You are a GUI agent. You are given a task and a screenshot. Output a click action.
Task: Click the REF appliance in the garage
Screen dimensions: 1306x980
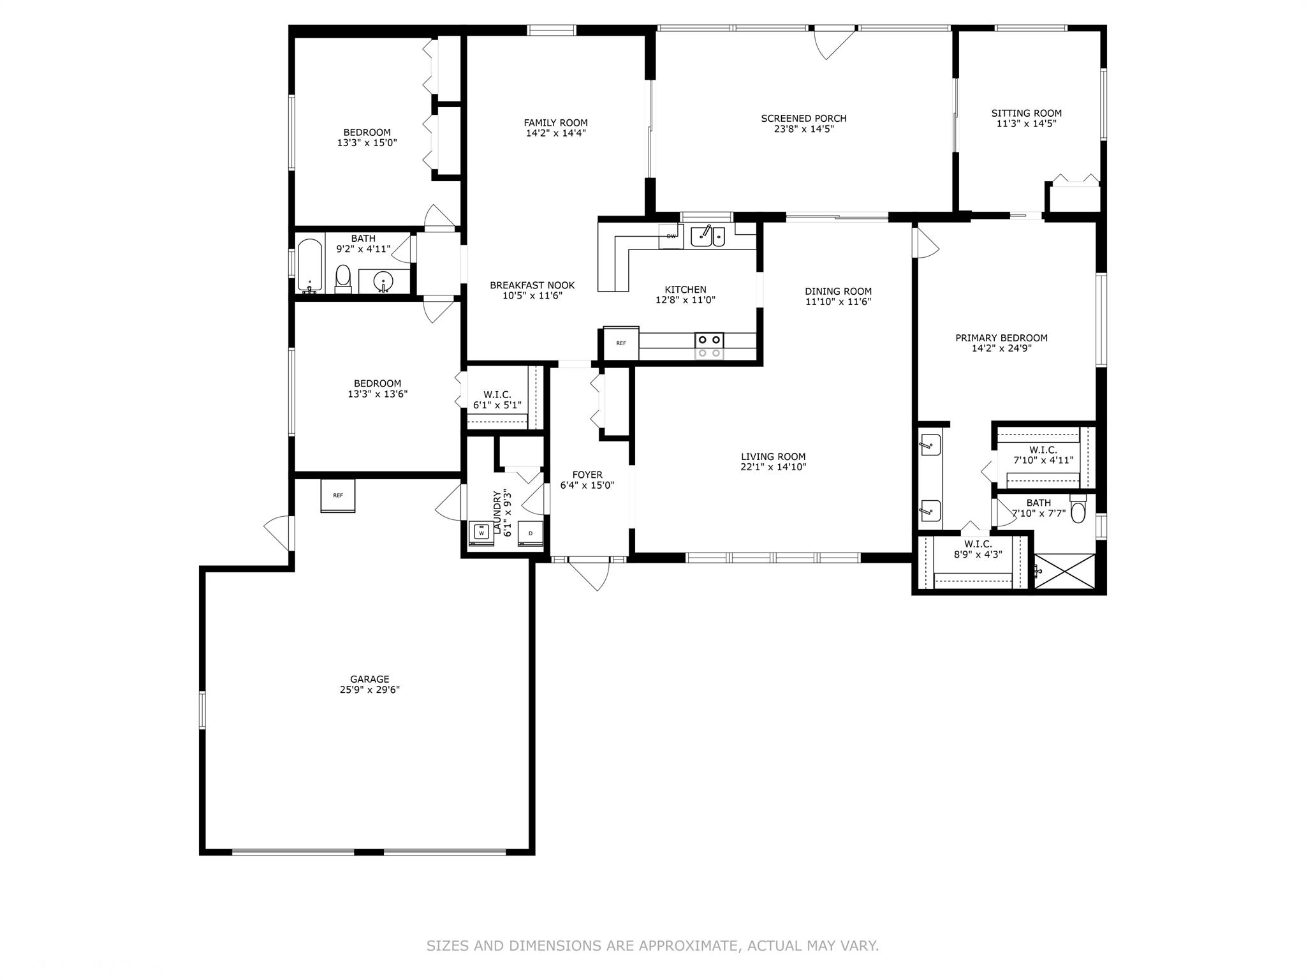tap(337, 496)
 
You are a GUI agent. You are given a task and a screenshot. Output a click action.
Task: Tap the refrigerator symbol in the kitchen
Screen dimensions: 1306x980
tap(621, 343)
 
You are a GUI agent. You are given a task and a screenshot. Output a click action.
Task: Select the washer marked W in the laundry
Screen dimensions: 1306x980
tap(481, 533)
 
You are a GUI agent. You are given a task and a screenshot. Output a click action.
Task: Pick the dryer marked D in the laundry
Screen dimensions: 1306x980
tap(531, 533)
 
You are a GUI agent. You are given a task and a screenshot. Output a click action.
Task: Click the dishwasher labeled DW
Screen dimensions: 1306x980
tap(671, 236)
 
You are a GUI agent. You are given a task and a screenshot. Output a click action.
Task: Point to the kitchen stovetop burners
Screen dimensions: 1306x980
tap(709, 346)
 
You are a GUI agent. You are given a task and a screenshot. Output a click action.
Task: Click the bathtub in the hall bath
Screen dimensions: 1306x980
tap(310, 266)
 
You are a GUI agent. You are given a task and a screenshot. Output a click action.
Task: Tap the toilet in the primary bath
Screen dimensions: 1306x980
tap(1078, 509)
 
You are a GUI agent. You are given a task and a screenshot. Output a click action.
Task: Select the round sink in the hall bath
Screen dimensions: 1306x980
tap(383, 281)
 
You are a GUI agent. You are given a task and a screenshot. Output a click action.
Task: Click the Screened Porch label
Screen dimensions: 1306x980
tap(803, 118)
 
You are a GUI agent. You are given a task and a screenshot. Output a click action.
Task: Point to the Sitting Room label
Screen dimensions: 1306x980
tap(1027, 113)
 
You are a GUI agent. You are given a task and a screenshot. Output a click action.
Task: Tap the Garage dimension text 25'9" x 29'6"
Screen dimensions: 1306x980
tap(370, 690)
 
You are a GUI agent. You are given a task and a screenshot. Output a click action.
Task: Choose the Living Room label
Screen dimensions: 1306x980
tap(774, 456)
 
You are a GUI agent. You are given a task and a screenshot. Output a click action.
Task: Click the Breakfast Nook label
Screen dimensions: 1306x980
tap(532, 285)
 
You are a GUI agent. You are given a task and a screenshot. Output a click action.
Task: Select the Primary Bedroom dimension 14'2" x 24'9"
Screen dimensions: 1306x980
tap(1001, 348)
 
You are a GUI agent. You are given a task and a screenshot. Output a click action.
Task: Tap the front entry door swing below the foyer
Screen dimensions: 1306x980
tap(589, 574)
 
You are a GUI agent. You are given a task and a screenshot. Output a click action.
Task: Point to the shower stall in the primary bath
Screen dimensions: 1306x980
tap(1064, 572)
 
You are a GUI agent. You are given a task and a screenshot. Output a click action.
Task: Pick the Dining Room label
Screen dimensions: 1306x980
tap(838, 291)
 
